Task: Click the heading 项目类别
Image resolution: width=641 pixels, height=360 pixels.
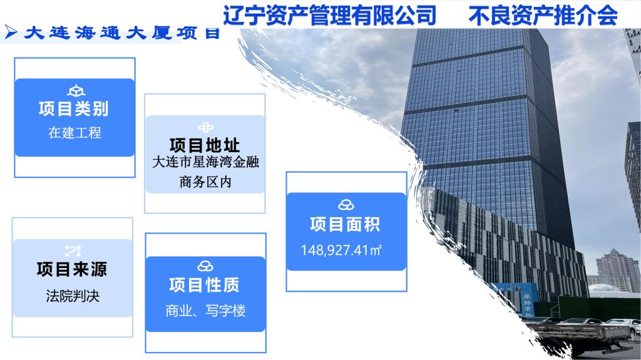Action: point(74,109)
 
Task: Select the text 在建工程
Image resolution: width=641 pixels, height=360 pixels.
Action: point(74,133)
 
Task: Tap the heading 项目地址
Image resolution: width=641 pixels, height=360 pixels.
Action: point(205,145)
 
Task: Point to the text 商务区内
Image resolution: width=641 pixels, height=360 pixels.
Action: point(205,182)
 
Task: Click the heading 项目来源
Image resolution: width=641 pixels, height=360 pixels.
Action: point(72,269)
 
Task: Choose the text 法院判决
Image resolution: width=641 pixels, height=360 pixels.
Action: point(73,296)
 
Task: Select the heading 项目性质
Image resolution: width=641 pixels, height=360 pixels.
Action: point(205,285)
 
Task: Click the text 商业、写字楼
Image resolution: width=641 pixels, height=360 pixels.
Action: point(205,311)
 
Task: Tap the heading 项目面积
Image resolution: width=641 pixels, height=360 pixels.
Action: point(346,224)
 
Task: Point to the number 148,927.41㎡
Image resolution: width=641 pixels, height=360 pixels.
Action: point(341,250)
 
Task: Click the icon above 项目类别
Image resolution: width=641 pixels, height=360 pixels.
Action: point(76,91)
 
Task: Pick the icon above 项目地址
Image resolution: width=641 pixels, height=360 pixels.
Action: point(205,128)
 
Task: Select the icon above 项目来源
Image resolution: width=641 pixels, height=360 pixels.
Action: point(73,251)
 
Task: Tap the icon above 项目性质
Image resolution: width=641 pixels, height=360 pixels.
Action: point(205,266)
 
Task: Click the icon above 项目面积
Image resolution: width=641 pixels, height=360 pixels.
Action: point(346,205)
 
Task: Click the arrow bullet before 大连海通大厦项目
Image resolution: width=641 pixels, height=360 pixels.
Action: point(11,32)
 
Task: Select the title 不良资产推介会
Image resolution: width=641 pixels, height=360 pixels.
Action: point(543,16)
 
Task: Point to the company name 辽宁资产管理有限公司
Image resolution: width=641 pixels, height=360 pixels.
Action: point(329,16)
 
